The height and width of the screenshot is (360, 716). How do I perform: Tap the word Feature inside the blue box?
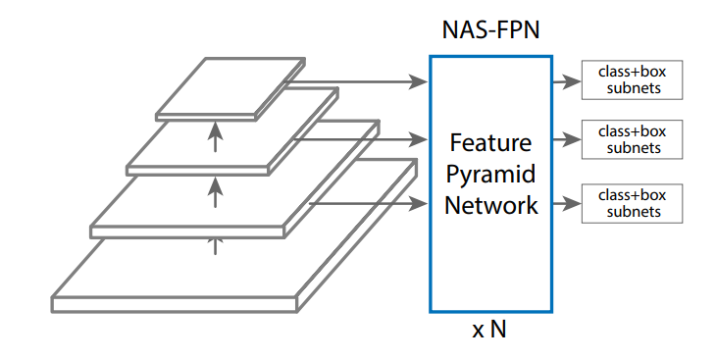[490, 142]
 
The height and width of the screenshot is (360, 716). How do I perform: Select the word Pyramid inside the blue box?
[490, 174]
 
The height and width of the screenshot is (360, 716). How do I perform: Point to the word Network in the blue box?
[490, 205]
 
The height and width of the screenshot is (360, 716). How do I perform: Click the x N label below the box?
[489, 330]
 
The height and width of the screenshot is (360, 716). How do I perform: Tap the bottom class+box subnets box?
[631, 203]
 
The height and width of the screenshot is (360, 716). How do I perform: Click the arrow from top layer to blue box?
[363, 82]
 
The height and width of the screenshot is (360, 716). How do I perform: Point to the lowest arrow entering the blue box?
[368, 204]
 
